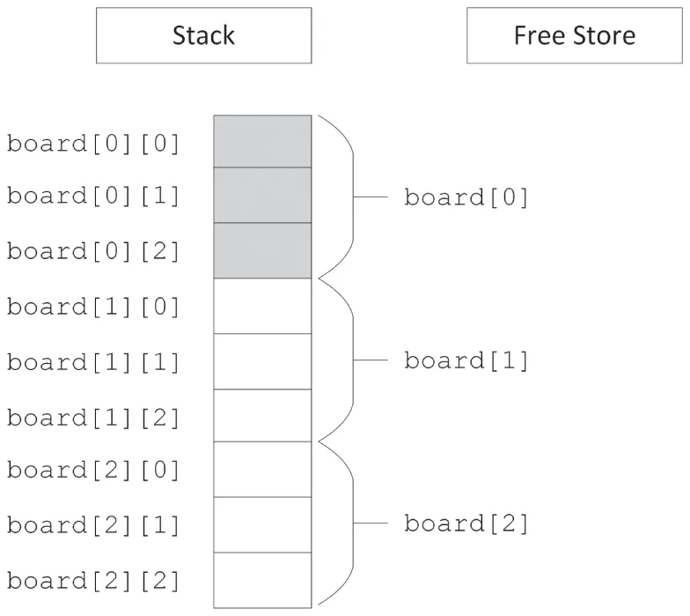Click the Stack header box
tap(203, 35)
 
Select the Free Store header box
tap(575, 35)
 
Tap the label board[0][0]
tap(93, 143)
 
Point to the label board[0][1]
tap(93, 196)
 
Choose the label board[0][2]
tap(93, 251)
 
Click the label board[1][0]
tap(93, 307)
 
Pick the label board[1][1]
tap(93, 361)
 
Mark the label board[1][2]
tap(93, 417)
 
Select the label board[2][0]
tap(93, 470)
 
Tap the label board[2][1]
tap(93, 525)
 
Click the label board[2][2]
tap(93, 581)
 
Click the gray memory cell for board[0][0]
tap(262, 141)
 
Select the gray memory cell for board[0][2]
tap(262, 250)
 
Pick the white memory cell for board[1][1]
tap(262, 361)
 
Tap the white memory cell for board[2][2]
tap(262, 580)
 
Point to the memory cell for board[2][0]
tap(262, 469)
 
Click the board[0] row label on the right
tap(466, 197)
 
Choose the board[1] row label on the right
tap(466, 360)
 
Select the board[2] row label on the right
tap(466, 524)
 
